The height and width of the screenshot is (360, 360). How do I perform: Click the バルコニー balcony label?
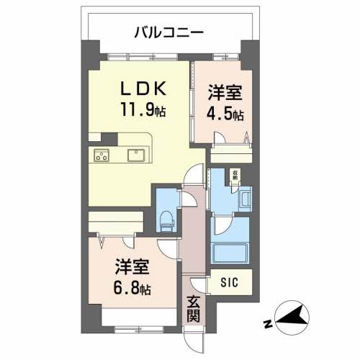pyautogui.click(x=170, y=32)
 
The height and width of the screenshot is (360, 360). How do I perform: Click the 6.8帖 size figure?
pyautogui.click(x=131, y=289)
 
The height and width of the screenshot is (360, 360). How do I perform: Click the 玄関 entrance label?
pyautogui.click(x=194, y=307)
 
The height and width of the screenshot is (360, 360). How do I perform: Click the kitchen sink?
pyautogui.click(x=135, y=154)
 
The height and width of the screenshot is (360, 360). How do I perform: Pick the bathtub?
pyautogui.click(x=230, y=253)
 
